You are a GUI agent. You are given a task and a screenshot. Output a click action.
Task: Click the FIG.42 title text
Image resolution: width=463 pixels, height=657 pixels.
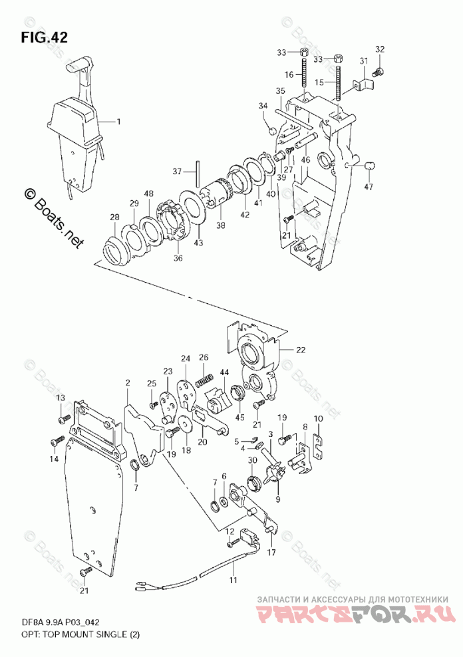[x=44, y=37]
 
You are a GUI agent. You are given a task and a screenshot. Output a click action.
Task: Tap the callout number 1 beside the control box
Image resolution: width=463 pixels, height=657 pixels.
[x=118, y=122]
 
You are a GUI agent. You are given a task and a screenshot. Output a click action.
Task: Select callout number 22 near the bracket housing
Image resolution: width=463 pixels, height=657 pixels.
[x=301, y=350]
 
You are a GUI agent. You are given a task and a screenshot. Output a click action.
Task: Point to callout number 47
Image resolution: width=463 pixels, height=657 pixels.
[x=368, y=187]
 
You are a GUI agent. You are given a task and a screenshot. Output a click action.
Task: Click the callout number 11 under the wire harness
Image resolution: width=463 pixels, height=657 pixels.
[x=233, y=581]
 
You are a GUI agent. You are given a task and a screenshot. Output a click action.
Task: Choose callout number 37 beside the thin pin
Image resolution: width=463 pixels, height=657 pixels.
[x=177, y=172]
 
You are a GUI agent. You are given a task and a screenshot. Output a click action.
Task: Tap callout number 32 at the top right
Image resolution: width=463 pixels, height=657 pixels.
[x=379, y=49]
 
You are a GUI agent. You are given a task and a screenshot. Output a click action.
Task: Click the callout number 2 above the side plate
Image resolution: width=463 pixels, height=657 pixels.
[x=128, y=382]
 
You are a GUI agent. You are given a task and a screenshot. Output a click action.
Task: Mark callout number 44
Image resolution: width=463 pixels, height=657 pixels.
[x=224, y=372]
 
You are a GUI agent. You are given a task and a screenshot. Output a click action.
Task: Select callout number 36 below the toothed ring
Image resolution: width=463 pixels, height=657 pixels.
[x=178, y=258]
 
